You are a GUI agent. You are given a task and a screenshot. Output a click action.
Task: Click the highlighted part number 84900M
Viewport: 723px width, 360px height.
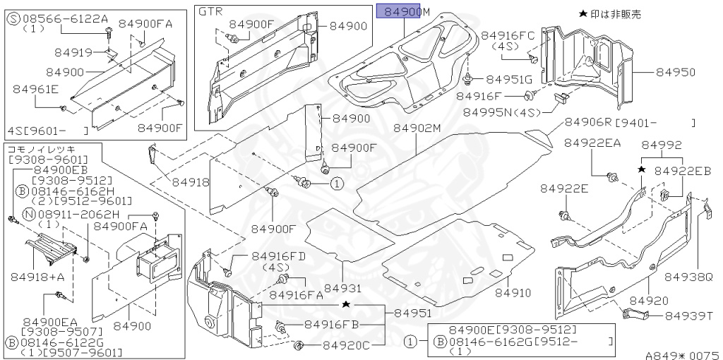click(x=402, y=11)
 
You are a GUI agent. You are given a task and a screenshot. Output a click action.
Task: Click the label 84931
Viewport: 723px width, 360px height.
click(x=343, y=288)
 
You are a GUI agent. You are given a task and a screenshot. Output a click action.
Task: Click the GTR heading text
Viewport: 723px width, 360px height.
click(x=210, y=12)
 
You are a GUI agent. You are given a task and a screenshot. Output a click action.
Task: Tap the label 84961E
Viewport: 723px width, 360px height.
click(x=35, y=89)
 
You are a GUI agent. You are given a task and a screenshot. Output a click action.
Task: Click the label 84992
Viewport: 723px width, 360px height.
click(x=662, y=145)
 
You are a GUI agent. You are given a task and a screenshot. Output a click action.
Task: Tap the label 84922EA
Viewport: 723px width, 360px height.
click(x=592, y=143)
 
